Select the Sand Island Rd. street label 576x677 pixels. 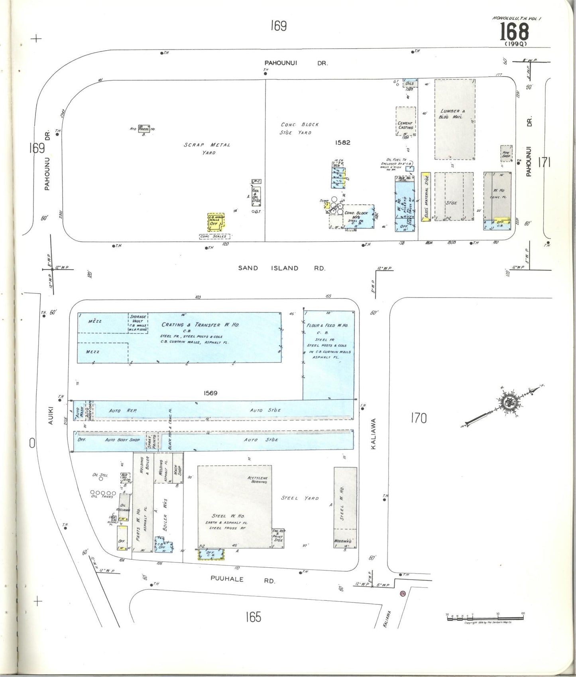[282, 268]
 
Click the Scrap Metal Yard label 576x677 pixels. [207, 148]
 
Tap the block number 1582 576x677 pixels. [342, 142]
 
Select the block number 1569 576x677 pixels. [210, 393]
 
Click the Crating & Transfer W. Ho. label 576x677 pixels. [200, 325]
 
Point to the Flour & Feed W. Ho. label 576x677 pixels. [327, 326]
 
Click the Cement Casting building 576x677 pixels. [405, 121]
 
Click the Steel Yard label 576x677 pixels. [300, 498]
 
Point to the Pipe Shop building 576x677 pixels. [506, 154]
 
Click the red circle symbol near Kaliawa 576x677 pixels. [403, 594]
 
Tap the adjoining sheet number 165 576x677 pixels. [253, 617]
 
